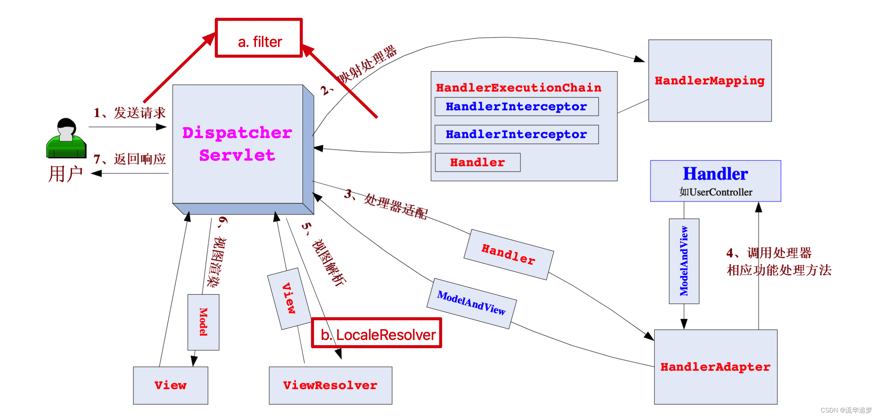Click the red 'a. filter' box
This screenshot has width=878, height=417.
tap(259, 38)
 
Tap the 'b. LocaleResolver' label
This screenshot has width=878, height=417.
tap(377, 333)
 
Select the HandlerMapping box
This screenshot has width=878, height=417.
tap(710, 80)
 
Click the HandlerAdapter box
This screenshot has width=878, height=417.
tap(715, 367)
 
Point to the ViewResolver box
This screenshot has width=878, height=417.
tap(330, 385)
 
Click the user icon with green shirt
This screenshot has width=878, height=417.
tap(66, 139)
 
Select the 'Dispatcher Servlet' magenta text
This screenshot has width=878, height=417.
tap(237, 144)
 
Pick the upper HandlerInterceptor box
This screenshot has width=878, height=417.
tap(516, 107)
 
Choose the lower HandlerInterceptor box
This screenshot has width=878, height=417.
tap(516, 134)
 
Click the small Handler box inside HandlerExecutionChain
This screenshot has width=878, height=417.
tap(477, 162)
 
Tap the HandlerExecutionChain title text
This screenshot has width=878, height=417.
tap(518, 88)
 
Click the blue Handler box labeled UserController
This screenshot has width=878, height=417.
tap(715, 181)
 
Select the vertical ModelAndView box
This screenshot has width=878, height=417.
tap(684, 261)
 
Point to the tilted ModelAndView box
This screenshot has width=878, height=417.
tap(471, 303)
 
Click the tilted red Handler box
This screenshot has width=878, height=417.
tap(509, 254)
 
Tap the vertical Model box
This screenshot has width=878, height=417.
tap(203, 322)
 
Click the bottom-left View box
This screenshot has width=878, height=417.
tap(171, 385)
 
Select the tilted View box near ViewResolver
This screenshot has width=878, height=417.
tap(289, 298)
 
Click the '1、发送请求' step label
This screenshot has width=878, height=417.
tap(130, 113)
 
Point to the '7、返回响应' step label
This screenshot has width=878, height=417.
tap(130, 159)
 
